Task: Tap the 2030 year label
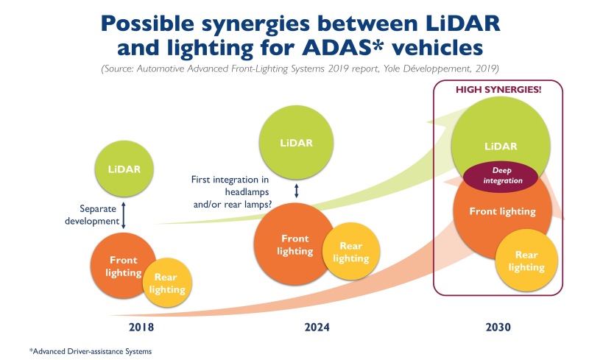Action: click(x=498, y=325)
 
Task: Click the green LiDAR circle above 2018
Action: click(x=124, y=169)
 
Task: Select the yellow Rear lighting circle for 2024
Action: click(x=351, y=253)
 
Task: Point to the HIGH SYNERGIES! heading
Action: click(x=498, y=90)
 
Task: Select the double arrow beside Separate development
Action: click(x=123, y=214)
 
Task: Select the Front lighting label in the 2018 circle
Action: click(x=123, y=267)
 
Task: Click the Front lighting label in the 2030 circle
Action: click(x=502, y=211)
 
